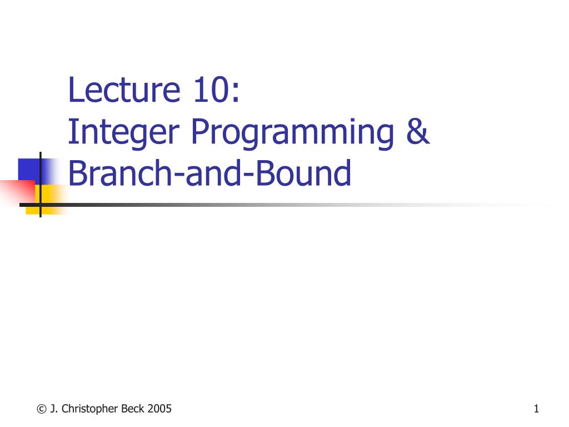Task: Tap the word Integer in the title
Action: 124,133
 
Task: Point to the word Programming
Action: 292,133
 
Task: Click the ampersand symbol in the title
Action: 418,131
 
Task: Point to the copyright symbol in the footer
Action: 42,409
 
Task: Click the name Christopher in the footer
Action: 89,409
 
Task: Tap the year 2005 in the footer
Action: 159,409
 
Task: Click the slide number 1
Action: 536,409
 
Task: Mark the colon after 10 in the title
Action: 236,93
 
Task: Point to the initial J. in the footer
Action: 54,409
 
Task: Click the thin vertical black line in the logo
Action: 40,185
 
